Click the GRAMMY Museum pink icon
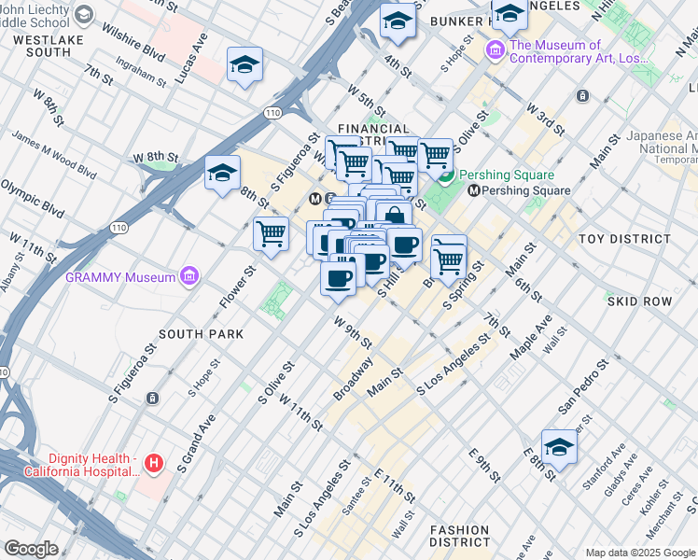(190, 276)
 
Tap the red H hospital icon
(155, 462)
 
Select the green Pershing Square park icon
(447, 175)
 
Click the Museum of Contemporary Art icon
(495, 49)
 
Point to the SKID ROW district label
(639, 302)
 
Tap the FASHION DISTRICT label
(459, 535)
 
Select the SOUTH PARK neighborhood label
(201, 334)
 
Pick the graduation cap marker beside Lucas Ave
(244, 64)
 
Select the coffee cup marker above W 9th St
(338, 277)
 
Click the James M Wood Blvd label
(54, 154)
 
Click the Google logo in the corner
(31, 549)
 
